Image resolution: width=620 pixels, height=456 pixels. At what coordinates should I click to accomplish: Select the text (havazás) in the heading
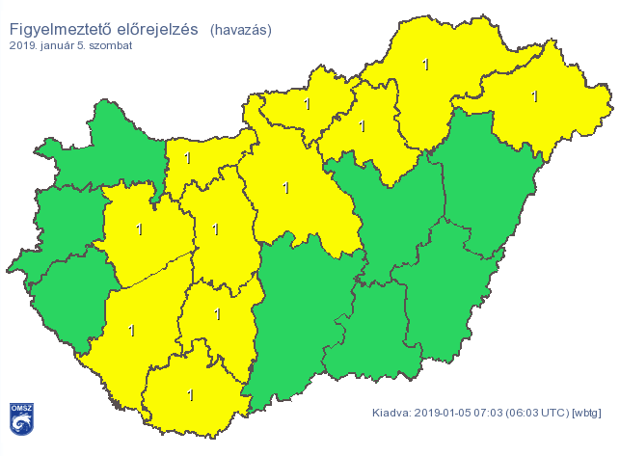tap(240, 30)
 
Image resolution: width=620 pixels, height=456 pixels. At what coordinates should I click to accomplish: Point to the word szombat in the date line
tap(113, 44)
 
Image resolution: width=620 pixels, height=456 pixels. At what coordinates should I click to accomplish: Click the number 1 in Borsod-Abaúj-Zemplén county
tap(425, 65)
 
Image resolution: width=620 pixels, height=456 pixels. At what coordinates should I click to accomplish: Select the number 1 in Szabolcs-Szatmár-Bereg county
tap(534, 95)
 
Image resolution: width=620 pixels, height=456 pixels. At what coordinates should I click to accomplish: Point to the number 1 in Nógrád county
tap(307, 103)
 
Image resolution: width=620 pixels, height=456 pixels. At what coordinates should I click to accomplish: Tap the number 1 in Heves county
tap(363, 125)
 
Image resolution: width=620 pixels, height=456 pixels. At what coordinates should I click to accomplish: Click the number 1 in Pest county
tap(285, 188)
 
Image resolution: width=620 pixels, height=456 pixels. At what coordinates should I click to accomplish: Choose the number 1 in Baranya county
tap(190, 394)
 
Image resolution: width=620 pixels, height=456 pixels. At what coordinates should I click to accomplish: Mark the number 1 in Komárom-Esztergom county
tap(188, 158)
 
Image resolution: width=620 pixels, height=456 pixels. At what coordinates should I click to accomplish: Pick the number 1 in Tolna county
tap(217, 313)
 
